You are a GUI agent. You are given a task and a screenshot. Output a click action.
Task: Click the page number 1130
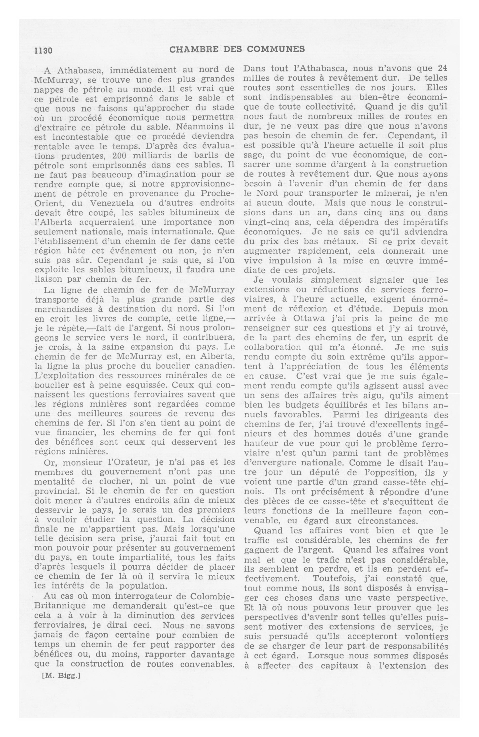(x=44, y=50)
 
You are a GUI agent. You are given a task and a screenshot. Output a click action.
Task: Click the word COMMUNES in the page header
(x=279, y=49)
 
